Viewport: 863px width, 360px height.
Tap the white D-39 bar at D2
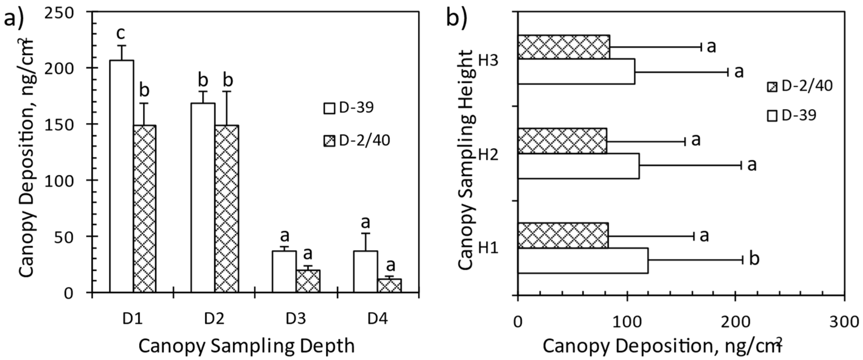point(203,198)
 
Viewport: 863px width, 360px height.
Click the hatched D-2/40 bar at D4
point(389,285)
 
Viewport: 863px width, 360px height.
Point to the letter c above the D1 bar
point(121,33)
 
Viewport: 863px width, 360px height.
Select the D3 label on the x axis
point(296,319)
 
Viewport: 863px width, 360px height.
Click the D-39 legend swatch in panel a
point(329,108)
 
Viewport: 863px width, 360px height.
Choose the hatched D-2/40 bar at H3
point(564,47)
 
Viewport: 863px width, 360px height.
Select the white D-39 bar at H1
point(583,260)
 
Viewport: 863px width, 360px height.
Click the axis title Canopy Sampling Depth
point(246,346)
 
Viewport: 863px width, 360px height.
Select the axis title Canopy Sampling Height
point(466,159)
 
